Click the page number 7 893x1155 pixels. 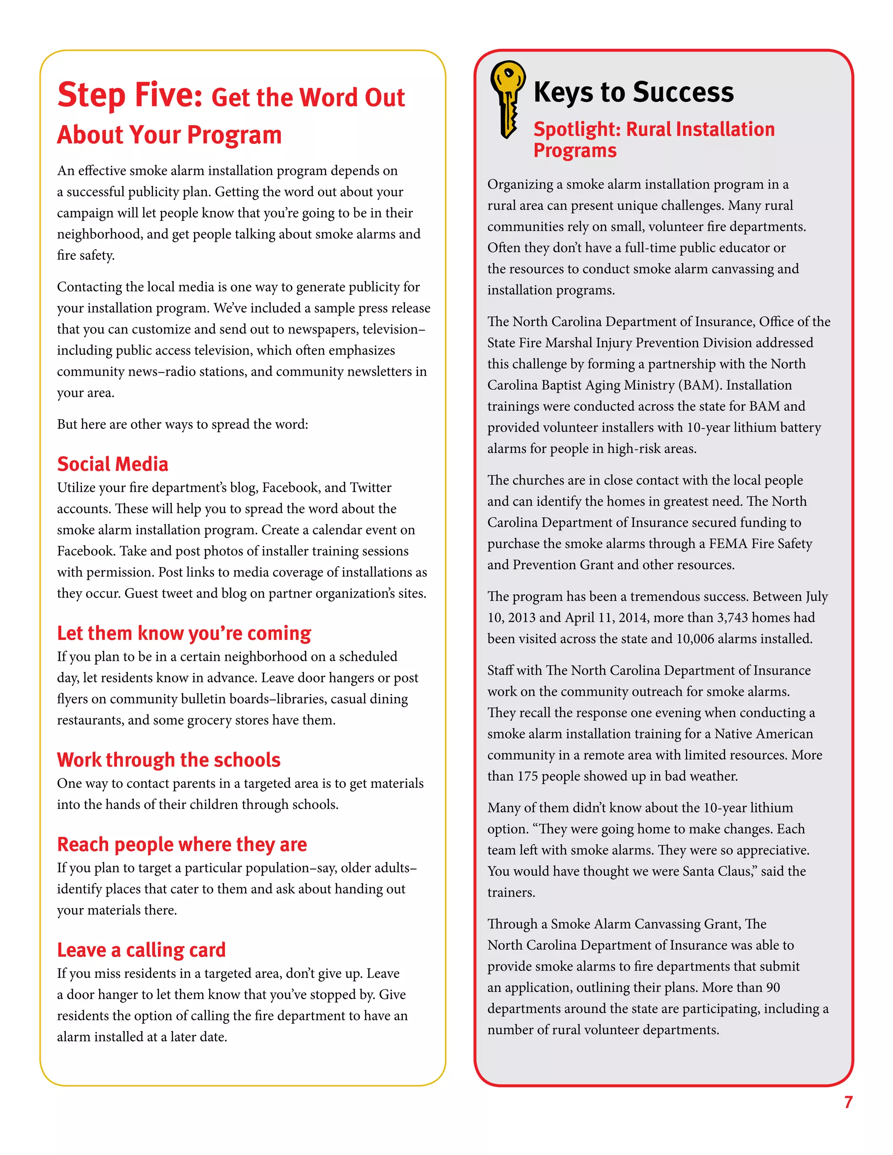pyautogui.click(x=848, y=1101)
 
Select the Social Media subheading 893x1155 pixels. pyautogui.click(x=112, y=464)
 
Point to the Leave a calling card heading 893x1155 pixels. pyautogui.click(x=141, y=950)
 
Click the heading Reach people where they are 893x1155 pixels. pyautogui.click(x=181, y=844)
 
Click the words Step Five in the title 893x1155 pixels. pyautogui.click(x=130, y=95)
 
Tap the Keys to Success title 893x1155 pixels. pyautogui.click(x=633, y=92)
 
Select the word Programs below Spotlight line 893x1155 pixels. pyautogui.click(x=575, y=151)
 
